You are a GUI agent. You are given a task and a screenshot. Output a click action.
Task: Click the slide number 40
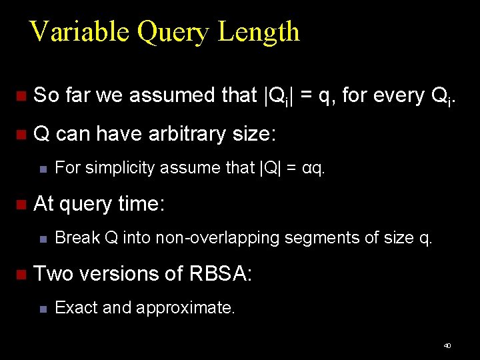(447, 345)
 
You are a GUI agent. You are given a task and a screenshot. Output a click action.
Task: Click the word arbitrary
(187, 134)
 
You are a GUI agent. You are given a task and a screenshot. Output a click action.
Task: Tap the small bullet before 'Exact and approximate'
(42, 309)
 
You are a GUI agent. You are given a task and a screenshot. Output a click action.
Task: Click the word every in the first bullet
(392, 96)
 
